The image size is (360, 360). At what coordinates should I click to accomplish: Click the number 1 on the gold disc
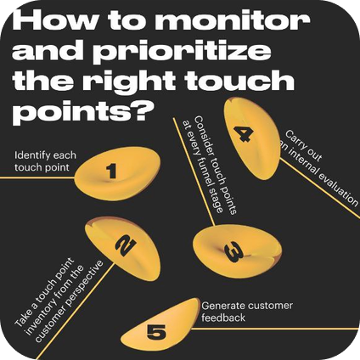point(112,172)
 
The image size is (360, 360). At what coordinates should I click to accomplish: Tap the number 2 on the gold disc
point(126,245)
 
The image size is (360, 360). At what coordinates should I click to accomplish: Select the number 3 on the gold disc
point(233,253)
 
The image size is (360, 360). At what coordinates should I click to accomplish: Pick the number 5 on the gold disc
point(156,333)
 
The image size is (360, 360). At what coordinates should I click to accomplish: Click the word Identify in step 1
point(32,155)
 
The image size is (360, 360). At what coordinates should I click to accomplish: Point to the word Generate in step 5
point(223,306)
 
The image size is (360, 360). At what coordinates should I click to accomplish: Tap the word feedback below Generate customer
point(223,318)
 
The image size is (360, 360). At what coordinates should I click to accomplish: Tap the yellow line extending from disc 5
point(274,329)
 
